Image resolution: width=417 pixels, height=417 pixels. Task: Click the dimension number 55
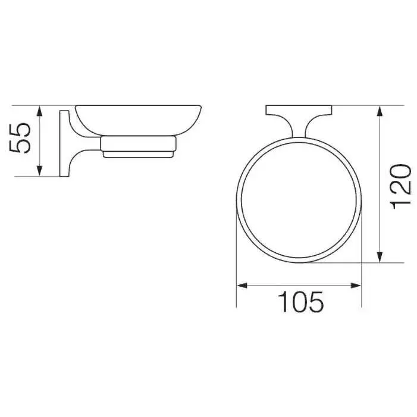point(20,138)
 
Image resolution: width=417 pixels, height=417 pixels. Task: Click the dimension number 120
point(400,187)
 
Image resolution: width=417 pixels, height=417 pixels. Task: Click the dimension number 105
point(300,302)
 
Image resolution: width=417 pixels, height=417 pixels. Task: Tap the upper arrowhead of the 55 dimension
point(39,111)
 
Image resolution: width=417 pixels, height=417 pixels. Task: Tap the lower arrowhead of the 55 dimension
point(39,171)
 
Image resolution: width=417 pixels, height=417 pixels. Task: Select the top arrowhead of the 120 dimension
point(380,111)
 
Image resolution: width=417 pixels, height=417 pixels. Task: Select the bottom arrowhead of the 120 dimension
point(380,257)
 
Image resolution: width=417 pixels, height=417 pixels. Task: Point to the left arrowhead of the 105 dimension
point(242,286)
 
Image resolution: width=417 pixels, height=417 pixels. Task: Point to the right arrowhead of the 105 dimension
point(356,286)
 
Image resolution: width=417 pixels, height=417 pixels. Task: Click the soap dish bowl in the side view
point(138,120)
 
